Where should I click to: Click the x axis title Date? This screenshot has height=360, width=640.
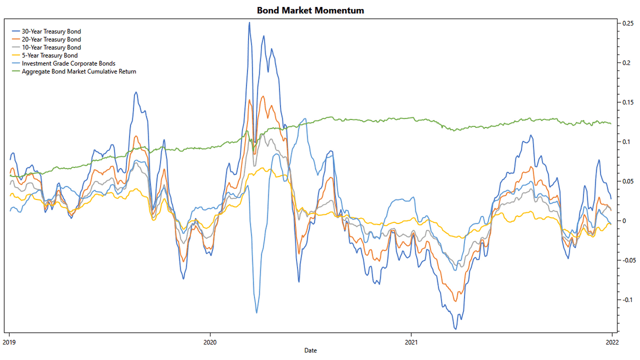click(x=310, y=350)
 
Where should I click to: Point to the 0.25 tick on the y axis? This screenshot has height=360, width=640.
click(x=626, y=23)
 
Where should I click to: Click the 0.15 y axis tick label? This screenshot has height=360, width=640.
click(x=626, y=102)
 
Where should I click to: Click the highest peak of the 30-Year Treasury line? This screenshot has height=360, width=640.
click(x=249, y=22)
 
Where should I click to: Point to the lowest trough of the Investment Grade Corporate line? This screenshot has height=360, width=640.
click(x=257, y=313)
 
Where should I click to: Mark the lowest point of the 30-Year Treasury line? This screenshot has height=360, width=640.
click(x=455, y=329)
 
